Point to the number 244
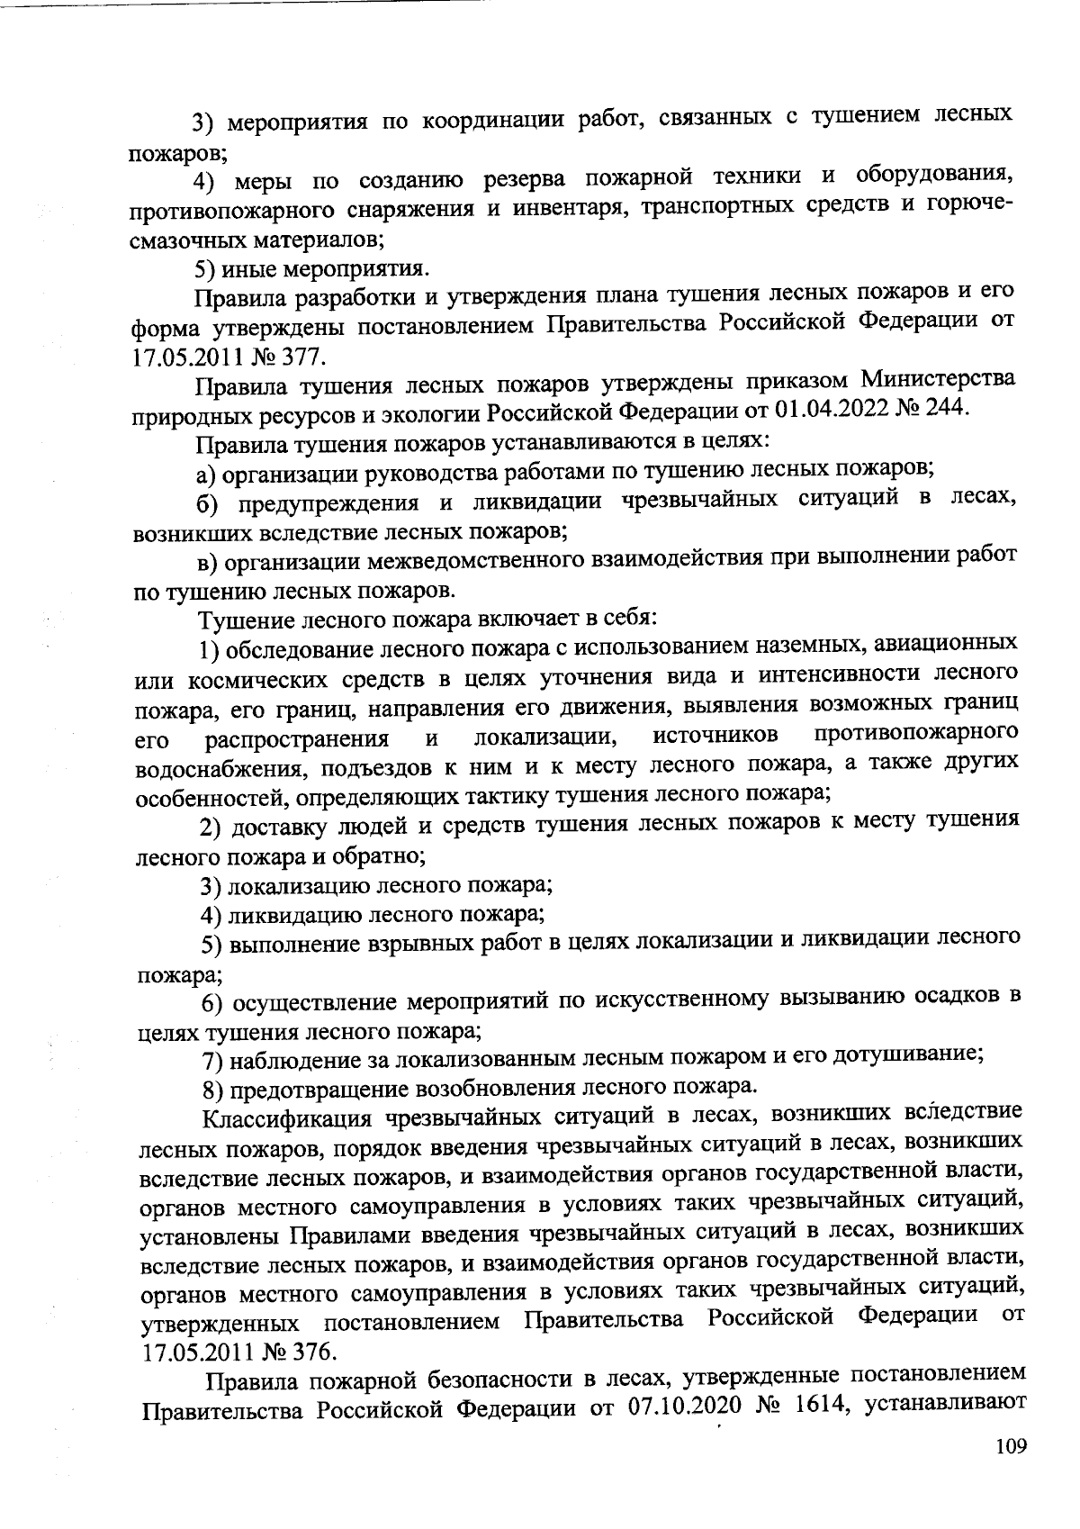(x=942, y=408)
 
